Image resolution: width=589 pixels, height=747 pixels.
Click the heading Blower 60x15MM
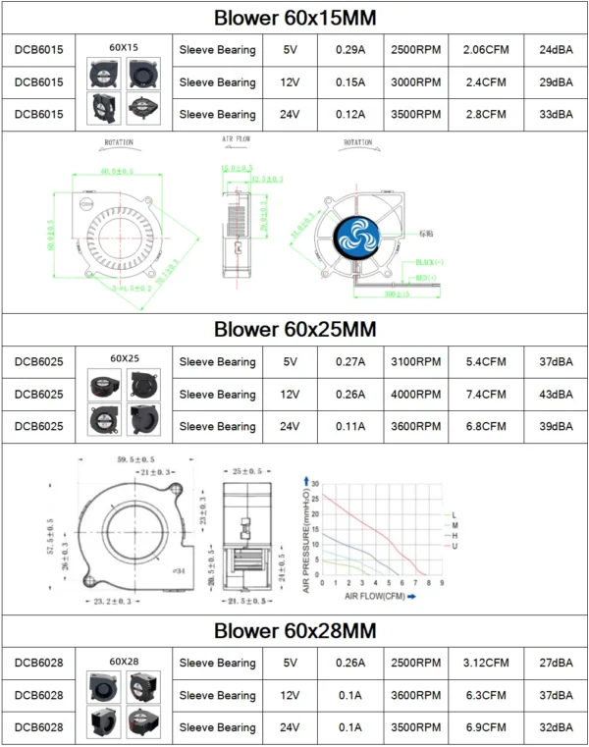click(294, 18)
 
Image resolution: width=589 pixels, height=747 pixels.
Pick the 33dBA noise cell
click(556, 114)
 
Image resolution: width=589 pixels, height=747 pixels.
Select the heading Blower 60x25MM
click(294, 329)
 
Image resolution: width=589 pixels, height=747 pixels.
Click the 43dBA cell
click(556, 395)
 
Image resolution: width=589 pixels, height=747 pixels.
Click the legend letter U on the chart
click(455, 546)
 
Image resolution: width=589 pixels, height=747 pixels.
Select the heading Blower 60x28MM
click(294, 630)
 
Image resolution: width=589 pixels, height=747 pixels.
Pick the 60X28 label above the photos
click(124, 662)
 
